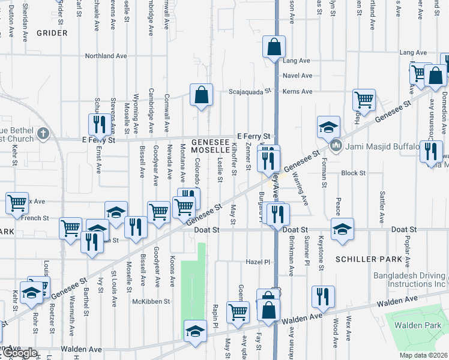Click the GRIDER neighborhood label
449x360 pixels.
[52, 33]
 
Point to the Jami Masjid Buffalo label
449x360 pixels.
[381, 145]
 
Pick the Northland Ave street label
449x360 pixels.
[106, 56]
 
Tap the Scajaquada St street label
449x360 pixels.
[250, 92]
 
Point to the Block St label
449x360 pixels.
[353, 173]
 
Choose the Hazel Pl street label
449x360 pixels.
[259, 262]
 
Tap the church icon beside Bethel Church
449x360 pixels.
[43, 133]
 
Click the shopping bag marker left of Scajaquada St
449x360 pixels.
[202, 95]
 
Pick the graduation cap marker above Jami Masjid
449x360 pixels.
[328, 127]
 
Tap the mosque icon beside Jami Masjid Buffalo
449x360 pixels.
[336, 145]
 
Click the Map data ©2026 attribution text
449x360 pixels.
[423, 355]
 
